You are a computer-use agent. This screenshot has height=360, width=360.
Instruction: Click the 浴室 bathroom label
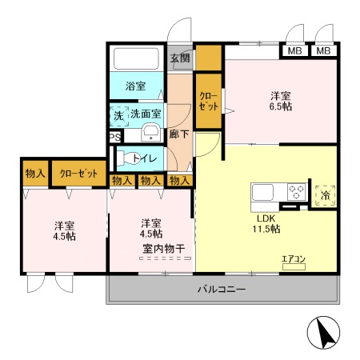(x=134, y=86)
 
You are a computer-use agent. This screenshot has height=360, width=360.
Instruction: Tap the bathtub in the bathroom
(x=137, y=60)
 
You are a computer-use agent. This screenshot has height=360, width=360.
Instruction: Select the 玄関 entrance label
(x=179, y=58)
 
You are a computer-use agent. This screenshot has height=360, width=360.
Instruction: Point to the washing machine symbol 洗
(x=118, y=115)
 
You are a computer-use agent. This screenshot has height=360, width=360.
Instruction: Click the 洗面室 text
(x=146, y=114)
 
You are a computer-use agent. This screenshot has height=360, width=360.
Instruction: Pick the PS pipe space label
(x=114, y=138)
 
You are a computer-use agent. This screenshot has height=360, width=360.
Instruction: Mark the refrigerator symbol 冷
(x=325, y=193)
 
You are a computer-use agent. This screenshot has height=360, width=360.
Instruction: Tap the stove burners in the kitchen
(x=295, y=192)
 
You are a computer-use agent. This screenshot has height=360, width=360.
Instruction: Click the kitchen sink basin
(x=264, y=193)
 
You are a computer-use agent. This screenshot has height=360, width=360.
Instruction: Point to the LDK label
(x=266, y=218)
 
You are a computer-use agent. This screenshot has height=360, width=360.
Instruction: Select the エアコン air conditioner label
(x=293, y=258)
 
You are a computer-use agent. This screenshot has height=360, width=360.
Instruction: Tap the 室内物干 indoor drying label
(x=164, y=249)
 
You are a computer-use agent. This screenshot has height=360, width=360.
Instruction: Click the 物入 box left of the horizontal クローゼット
(x=34, y=173)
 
